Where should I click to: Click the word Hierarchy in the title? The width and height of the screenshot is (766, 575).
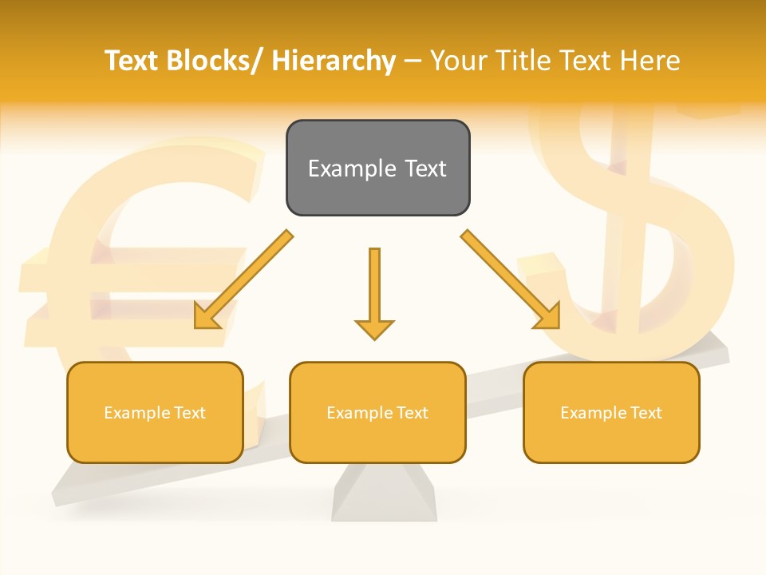pos(334,61)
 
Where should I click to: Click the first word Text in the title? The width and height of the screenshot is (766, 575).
pos(132,61)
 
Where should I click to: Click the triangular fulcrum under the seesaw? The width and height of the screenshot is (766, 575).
pos(384,495)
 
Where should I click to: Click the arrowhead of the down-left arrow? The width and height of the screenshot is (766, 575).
pos(207,317)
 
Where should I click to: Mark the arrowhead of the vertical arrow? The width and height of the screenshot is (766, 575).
pos(374,328)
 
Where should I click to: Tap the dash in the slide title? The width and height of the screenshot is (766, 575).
pos(413,61)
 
